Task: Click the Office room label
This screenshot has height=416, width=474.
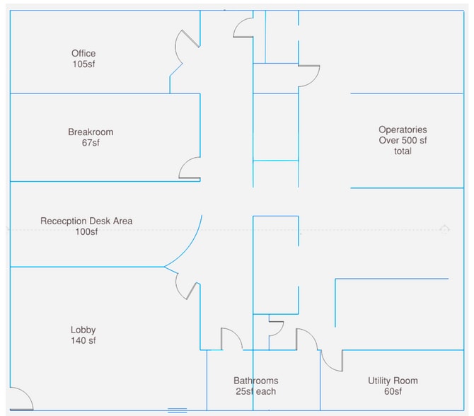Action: [83, 53]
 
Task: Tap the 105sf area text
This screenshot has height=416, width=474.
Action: [83, 64]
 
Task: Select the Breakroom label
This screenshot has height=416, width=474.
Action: [91, 132]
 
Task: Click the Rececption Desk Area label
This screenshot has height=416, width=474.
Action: [86, 221]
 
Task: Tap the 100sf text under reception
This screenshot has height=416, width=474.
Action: [86, 232]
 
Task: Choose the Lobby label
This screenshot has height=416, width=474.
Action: [83, 330]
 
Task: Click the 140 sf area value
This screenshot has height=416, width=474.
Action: [83, 340]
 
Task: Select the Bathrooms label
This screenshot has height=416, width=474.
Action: [256, 381]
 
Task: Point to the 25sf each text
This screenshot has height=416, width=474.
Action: [256, 391]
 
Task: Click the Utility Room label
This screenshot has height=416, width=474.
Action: [393, 381]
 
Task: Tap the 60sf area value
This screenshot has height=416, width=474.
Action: [393, 391]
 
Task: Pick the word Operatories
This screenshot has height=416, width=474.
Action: [403, 129]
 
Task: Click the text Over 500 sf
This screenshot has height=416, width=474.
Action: [403, 140]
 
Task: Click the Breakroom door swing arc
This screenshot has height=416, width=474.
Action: [188, 168]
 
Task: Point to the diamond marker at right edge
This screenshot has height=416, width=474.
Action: [444, 229]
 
